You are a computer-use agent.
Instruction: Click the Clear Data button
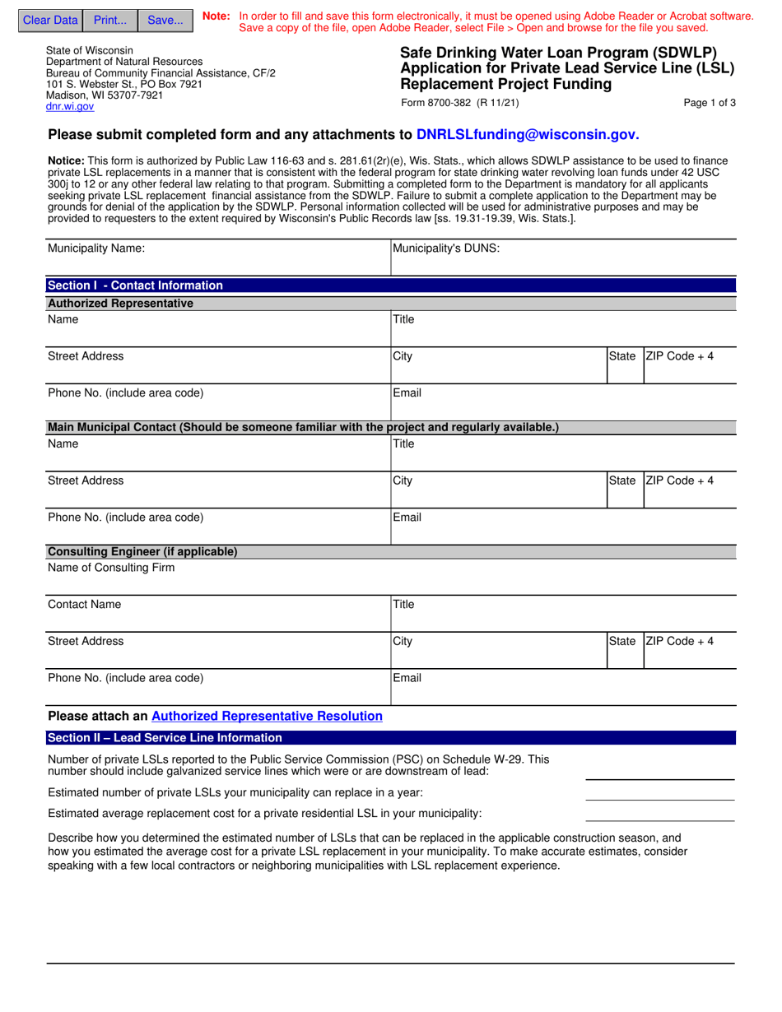(x=50, y=21)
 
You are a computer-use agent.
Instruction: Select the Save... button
(x=165, y=21)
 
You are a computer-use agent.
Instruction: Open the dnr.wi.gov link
(x=70, y=107)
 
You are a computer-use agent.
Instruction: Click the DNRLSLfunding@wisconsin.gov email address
(x=528, y=135)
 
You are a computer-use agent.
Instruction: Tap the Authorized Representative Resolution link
(x=267, y=717)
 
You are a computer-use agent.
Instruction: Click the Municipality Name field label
(x=96, y=248)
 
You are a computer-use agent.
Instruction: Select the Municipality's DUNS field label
(x=446, y=248)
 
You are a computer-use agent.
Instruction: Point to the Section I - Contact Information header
(x=135, y=285)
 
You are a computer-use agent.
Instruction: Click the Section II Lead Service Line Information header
(x=165, y=738)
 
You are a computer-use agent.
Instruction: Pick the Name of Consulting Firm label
(x=111, y=568)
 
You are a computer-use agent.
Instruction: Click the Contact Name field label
(x=84, y=605)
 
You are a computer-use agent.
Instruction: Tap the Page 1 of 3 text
(x=710, y=104)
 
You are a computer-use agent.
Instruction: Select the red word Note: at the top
(x=216, y=16)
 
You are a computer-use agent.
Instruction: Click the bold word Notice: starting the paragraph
(x=66, y=161)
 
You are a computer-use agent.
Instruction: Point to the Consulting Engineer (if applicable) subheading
(x=142, y=552)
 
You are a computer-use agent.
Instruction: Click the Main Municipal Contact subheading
(x=303, y=428)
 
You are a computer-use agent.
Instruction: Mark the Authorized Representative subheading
(x=120, y=304)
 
